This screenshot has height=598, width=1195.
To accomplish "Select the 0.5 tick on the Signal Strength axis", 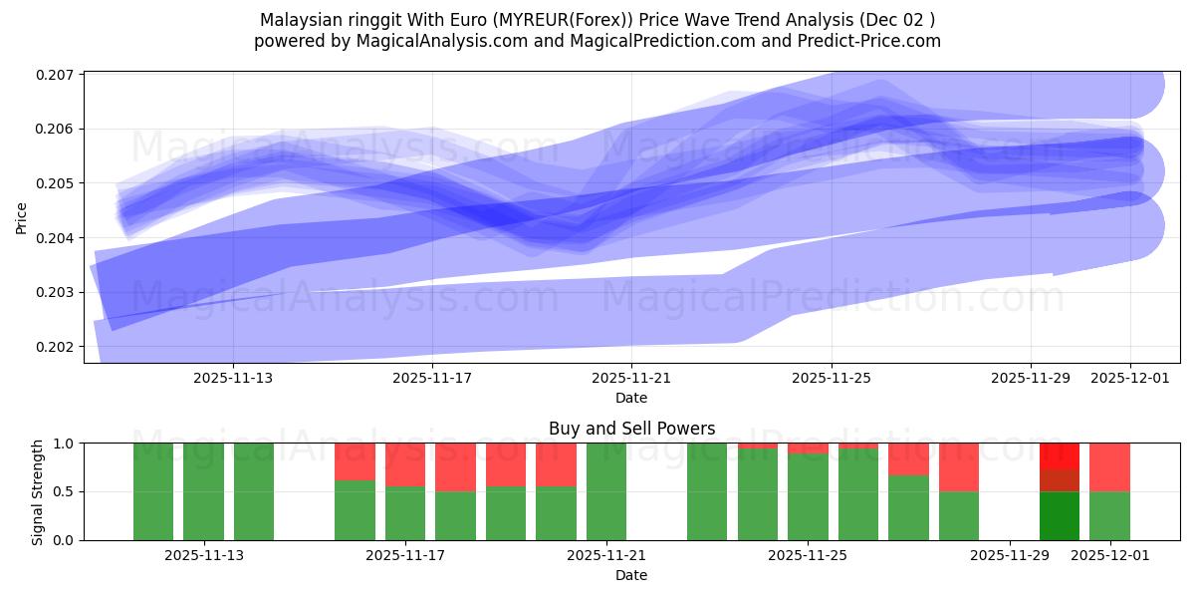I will pyautogui.click(x=65, y=491).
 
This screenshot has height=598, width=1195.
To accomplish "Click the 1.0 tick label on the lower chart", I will pyautogui.click(x=65, y=443).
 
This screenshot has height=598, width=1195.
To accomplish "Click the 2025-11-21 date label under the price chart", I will pyautogui.click(x=631, y=378).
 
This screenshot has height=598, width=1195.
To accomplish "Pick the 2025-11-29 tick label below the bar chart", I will pyautogui.click(x=1010, y=555).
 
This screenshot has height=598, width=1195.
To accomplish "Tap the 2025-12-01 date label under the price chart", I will pyautogui.click(x=1130, y=378).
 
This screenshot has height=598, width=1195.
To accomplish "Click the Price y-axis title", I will pyautogui.click(x=22, y=217).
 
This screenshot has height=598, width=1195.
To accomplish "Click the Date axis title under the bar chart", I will pyautogui.click(x=631, y=575).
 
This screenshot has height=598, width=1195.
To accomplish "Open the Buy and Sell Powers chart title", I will pyautogui.click(x=631, y=429).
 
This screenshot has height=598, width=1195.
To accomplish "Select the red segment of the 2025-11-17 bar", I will pyautogui.click(x=405, y=463).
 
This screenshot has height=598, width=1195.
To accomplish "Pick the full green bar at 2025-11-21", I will pyautogui.click(x=606, y=491).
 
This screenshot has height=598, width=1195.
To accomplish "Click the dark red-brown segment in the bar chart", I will pyautogui.click(x=1060, y=480).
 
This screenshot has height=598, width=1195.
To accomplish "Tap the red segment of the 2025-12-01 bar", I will pyautogui.click(x=1109, y=466).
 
